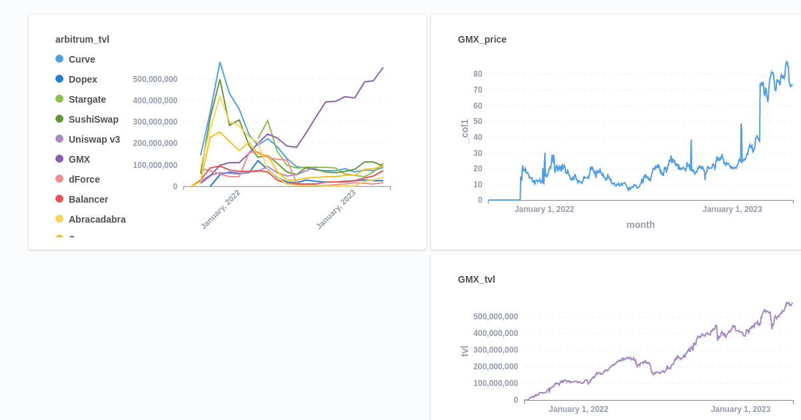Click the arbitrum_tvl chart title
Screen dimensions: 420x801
click(x=82, y=39)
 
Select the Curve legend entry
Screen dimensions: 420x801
click(x=81, y=59)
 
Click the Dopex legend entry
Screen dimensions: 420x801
click(x=83, y=79)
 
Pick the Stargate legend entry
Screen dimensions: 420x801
click(x=87, y=99)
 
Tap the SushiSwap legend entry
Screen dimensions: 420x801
click(x=93, y=119)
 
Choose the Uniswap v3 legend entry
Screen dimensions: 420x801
click(x=94, y=139)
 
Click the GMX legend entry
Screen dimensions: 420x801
click(x=79, y=159)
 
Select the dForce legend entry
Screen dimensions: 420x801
click(x=84, y=179)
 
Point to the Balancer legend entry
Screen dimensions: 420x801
click(x=88, y=199)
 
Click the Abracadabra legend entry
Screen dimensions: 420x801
click(x=97, y=219)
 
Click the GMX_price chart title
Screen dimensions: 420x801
click(x=482, y=39)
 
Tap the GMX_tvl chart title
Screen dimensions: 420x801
click(x=476, y=279)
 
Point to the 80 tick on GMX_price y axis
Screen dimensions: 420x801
click(x=478, y=74)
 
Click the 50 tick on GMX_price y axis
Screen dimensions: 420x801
click(x=478, y=121)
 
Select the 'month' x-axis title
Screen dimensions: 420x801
click(x=640, y=225)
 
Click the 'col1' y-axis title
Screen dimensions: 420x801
click(x=465, y=129)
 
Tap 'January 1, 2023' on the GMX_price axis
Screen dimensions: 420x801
click(x=732, y=209)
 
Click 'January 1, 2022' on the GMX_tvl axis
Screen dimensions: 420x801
click(x=578, y=409)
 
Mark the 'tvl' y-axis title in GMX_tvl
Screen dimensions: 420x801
click(x=465, y=351)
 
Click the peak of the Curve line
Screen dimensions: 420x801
click(x=220, y=63)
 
